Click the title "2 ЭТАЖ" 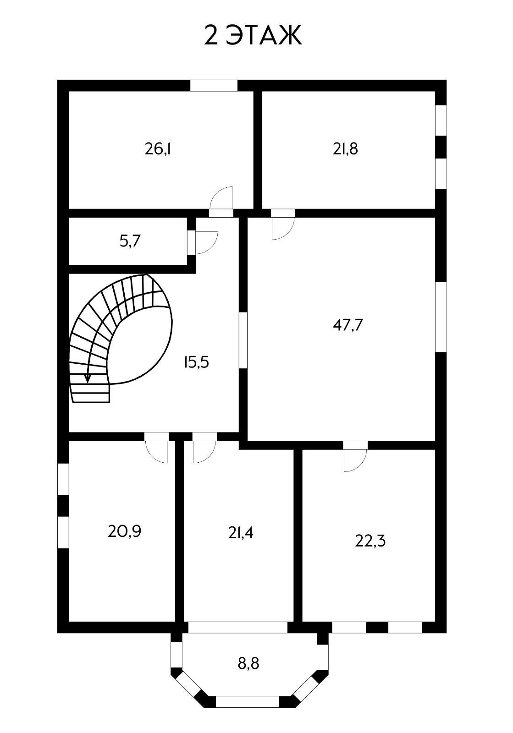253,35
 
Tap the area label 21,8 345,149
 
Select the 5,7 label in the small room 130,241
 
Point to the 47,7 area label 348,325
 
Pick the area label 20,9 124,531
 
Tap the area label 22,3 370,541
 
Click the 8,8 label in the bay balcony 248,663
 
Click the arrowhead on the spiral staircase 88,378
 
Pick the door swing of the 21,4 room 203,452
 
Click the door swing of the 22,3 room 354,460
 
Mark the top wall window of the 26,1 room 214,86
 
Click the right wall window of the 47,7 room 441,317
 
